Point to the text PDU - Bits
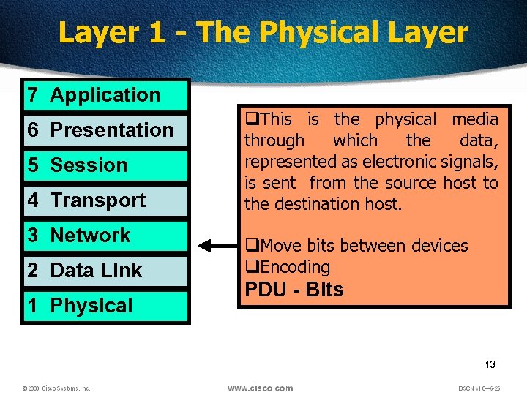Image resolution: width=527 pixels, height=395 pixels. pos(294,290)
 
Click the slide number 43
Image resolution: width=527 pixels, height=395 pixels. pos(490,365)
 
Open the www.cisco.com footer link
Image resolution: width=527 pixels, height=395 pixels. pos(260,388)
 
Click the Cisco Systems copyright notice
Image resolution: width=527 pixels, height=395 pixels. pos(56,388)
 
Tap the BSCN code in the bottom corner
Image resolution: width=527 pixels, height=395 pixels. pos(480,388)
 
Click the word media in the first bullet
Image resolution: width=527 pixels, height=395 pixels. pos(474,119)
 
